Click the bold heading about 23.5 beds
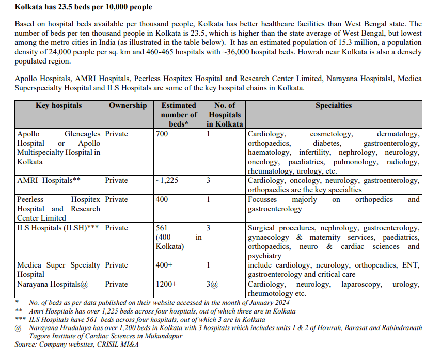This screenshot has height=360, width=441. point(84,8)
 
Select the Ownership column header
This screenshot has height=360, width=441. point(128,105)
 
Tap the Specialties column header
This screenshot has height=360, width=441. point(334,105)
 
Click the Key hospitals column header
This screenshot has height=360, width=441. point(58,105)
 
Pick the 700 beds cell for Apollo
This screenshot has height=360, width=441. point(162,134)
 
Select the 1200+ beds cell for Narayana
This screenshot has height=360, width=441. point(166,284)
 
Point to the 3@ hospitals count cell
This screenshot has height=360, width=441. point(213,284)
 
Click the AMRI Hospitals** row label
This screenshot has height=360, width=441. point(49,181)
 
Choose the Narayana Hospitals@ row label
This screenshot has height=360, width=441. point(49,284)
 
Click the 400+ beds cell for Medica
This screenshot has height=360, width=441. point(164,265)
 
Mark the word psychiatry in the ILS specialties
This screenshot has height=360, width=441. point(264,256)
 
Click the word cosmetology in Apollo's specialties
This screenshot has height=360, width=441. point(331,134)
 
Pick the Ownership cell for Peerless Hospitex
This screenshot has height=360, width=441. point(116,199)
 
